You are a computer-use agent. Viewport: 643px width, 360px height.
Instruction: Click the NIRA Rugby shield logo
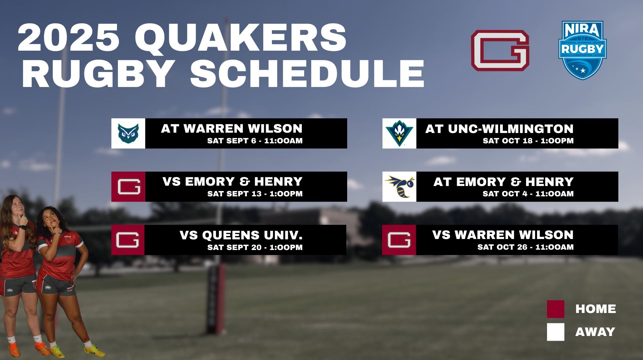point(582,50)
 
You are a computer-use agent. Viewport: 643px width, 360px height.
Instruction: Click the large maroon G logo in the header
point(500,50)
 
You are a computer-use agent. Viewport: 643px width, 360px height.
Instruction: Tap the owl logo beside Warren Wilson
point(128,133)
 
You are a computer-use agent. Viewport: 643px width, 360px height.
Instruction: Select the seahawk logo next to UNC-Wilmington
point(399,133)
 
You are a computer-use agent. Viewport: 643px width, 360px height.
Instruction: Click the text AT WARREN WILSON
point(232,128)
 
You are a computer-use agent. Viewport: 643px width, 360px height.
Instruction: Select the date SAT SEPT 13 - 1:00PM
point(255,194)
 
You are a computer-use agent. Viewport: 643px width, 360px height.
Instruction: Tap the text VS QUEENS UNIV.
point(241,235)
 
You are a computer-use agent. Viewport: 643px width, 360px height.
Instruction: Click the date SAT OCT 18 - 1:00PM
point(528,141)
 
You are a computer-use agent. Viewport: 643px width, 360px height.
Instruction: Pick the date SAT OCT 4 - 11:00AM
point(528,194)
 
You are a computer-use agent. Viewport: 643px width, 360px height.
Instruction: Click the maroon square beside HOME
point(555,309)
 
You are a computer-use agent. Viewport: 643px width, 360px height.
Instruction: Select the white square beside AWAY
point(555,332)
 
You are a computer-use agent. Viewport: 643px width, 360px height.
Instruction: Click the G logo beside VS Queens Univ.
point(128,240)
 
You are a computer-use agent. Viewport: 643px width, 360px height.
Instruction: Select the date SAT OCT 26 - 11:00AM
point(525,247)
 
